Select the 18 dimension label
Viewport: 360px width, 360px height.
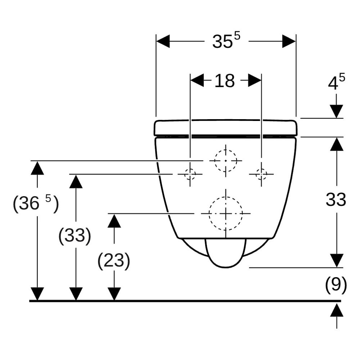point(224,81)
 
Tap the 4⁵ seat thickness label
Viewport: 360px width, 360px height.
point(336,82)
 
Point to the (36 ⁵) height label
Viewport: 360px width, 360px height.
point(36,203)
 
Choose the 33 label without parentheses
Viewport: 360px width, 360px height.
point(336,199)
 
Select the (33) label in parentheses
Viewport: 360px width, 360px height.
point(75,235)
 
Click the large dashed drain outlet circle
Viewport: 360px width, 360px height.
point(226,197)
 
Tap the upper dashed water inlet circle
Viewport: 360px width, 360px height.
point(226,150)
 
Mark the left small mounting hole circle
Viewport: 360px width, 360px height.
point(190,169)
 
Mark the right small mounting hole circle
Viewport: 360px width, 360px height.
point(261,169)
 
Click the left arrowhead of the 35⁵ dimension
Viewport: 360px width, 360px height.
point(163,41)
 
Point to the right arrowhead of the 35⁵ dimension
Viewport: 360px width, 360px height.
point(289,41)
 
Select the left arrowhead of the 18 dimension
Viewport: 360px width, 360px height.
point(197,80)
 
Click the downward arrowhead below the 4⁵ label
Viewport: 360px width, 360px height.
point(336,111)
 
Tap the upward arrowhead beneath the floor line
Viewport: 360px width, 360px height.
point(337,310)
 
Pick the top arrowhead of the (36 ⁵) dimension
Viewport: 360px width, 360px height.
point(37,168)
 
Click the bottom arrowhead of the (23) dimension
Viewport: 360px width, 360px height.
point(114,294)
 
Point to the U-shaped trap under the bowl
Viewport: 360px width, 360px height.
point(226,267)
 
